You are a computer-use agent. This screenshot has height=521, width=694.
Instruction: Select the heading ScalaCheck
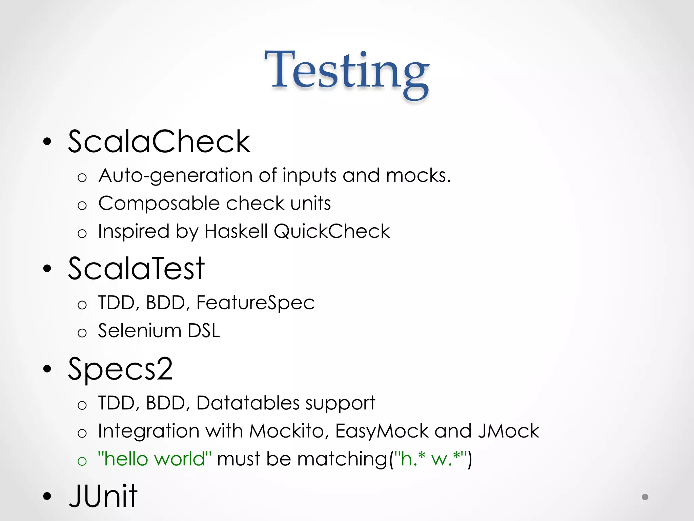click(159, 141)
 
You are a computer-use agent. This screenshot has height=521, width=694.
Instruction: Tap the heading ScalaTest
click(136, 268)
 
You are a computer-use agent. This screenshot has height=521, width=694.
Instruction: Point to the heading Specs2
click(120, 369)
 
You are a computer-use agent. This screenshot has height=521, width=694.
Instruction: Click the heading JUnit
click(103, 496)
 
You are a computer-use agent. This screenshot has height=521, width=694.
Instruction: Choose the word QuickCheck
click(332, 232)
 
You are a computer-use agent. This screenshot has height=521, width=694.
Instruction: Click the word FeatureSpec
click(256, 303)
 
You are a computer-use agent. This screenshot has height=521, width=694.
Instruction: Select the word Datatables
click(248, 403)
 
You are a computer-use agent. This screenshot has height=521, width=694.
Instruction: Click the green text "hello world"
click(155, 459)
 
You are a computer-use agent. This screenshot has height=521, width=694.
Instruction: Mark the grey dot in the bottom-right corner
click(645, 497)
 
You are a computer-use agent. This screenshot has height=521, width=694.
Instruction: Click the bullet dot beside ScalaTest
click(47, 269)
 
